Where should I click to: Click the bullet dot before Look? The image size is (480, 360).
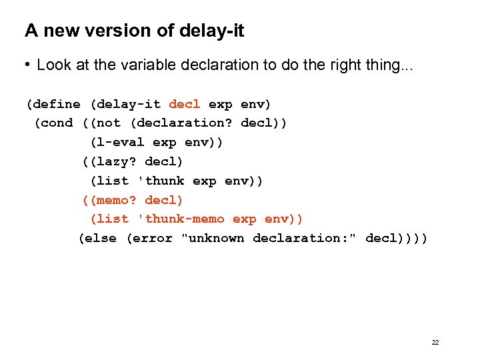point(28,65)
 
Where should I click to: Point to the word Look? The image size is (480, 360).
point(53,65)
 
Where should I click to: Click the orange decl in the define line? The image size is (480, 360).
point(184,105)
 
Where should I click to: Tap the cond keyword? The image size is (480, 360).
point(57,123)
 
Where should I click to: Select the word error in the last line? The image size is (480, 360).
point(151,239)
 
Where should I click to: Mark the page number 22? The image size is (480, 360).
point(435,343)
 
